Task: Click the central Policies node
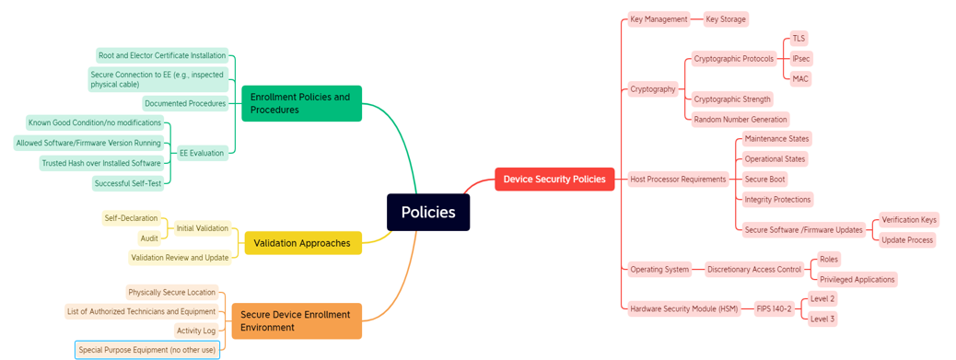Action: (428, 213)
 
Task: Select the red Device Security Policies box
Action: (554, 180)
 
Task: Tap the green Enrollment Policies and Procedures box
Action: (301, 103)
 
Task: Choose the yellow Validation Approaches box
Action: (302, 243)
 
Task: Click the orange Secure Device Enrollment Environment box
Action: (296, 320)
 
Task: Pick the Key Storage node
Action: (726, 19)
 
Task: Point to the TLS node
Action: (799, 39)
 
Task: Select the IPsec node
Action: (801, 59)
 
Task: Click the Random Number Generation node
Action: (740, 120)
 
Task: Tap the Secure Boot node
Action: (764, 180)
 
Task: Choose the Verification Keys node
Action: (908, 220)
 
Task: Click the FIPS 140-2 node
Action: (775, 309)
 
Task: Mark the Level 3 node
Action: (822, 319)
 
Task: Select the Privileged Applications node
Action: (857, 280)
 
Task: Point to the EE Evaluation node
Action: (201, 154)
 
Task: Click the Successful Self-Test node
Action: (128, 183)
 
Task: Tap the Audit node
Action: (149, 238)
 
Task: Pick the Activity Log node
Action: (196, 331)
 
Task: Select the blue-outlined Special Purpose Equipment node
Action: (147, 350)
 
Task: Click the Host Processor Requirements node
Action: (678, 180)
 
